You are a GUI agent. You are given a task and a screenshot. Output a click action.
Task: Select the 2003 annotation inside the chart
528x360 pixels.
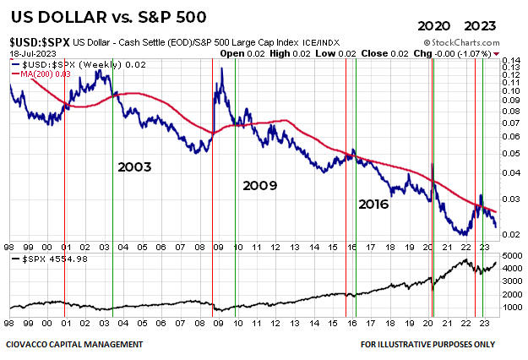[134, 166]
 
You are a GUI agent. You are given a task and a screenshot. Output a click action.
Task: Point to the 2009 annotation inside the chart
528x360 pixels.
[261, 184]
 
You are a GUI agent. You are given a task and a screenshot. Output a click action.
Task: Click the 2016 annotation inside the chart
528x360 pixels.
[376, 204]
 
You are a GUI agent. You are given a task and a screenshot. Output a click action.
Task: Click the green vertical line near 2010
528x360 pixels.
[235, 169]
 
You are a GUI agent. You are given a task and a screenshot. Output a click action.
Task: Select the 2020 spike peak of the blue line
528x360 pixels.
[433, 164]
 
